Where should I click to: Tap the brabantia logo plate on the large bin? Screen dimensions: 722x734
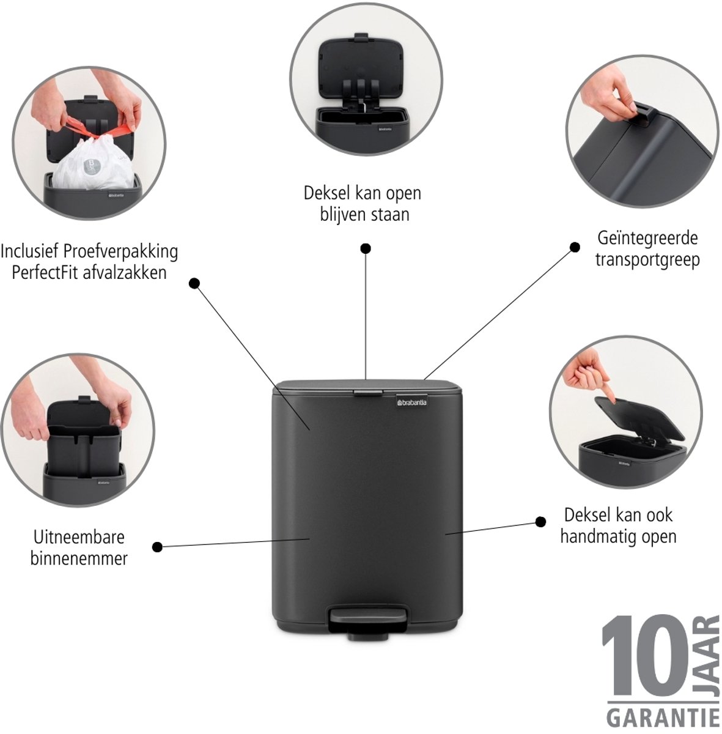pyautogui.click(x=411, y=402)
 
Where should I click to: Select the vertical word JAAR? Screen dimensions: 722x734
pyautogui.click(x=709, y=659)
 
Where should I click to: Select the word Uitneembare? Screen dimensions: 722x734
pyautogui.click(x=79, y=537)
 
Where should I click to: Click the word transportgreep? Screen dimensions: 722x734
pyautogui.click(x=647, y=261)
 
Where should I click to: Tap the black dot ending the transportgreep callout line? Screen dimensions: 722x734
pyautogui.click(x=575, y=248)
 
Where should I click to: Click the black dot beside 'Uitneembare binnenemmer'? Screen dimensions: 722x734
pyautogui.click(x=157, y=547)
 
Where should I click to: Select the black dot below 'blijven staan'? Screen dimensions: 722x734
pyautogui.click(x=366, y=249)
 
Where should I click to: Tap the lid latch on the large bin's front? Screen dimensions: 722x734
pyautogui.click(x=367, y=393)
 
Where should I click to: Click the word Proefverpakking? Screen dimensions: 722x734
pyautogui.click(x=120, y=252)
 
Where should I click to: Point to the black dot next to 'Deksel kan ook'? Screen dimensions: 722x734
pyautogui.click(x=540, y=522)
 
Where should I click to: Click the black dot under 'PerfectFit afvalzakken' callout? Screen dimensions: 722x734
pyautogui.click(x=194, y=283)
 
